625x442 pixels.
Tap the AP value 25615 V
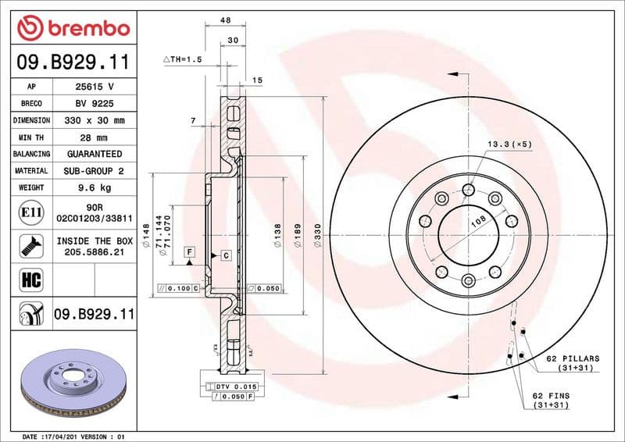[94, 87]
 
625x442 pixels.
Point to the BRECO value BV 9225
[94, 103]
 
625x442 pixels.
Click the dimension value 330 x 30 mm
[94, 120]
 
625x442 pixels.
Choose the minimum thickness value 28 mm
[94, 137]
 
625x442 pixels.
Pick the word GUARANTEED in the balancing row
[94, 154]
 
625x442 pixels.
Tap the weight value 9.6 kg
[94, 187]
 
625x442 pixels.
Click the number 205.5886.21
[94, 253]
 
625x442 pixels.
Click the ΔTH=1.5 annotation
[182, 59]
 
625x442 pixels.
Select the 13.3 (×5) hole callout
[509, 144]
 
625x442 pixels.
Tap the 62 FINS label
[551, 396]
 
